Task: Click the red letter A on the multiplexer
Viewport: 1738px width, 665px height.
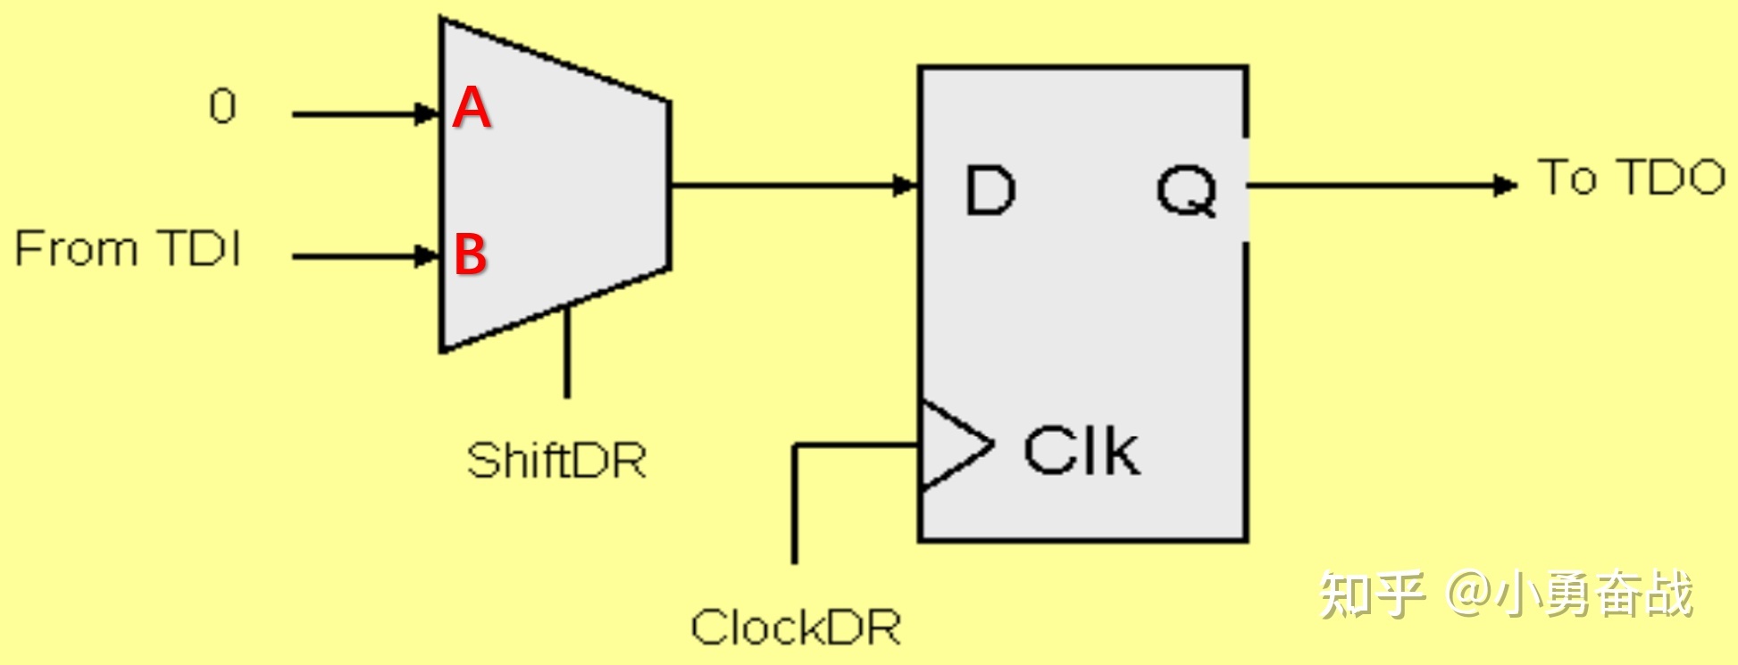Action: [472, 108]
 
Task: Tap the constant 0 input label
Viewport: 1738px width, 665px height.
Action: [222, 107]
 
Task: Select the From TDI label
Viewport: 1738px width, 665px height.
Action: [128, 248]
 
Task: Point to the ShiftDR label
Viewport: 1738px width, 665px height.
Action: [556, 461]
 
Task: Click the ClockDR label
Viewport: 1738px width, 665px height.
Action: [795, 628]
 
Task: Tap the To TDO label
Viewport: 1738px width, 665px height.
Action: [1631, 177]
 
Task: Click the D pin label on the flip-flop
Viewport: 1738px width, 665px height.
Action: [990, 190]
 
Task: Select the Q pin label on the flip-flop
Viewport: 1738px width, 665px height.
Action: [1186, 192]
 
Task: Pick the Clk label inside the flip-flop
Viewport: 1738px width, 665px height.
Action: [1082, 451]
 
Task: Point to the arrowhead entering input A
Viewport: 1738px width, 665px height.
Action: [427, 114]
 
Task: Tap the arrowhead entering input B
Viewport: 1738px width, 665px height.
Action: [427, 256]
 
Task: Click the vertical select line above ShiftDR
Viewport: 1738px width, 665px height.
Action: [566, 353]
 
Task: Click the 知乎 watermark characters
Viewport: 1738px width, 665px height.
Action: [1371, 594]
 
